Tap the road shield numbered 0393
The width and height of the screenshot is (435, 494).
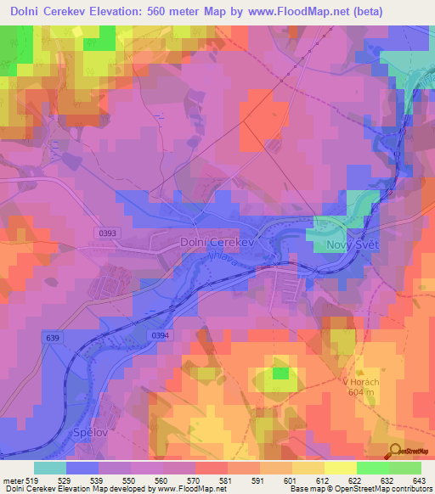(108, 231)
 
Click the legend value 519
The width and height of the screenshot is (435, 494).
(34, 480)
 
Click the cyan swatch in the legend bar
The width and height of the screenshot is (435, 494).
(50, 468)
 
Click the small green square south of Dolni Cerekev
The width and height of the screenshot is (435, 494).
(280, 373)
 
